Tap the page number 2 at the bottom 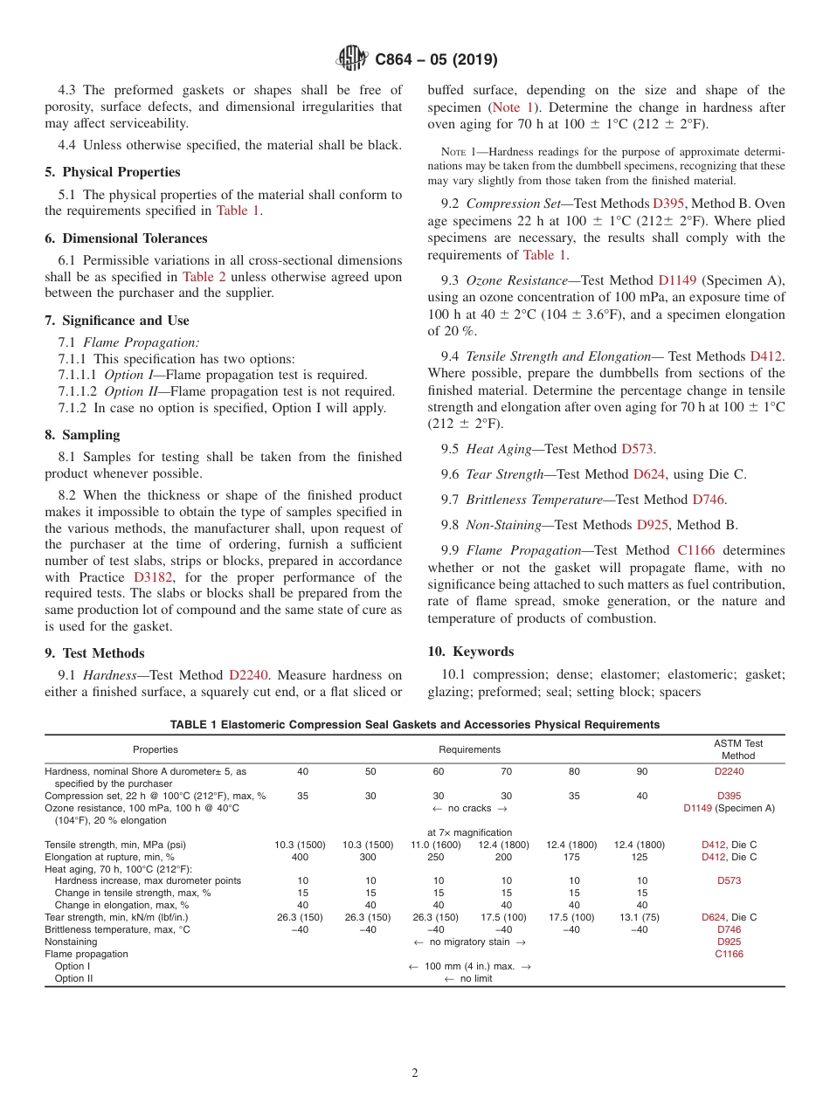point(415,1073)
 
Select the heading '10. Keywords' point(470,652)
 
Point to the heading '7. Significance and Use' point(117,321)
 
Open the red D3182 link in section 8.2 point(154,577)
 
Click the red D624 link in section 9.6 point(648,474)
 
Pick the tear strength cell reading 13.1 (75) point(642,918)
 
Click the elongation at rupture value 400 point(302,857)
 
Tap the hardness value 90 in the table point(642,771)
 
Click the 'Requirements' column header point(469,749)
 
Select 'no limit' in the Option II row point(469,979)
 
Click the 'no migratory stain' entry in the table point(469,942)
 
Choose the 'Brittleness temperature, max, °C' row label point(117,930)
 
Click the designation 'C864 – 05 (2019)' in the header point(436,60)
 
